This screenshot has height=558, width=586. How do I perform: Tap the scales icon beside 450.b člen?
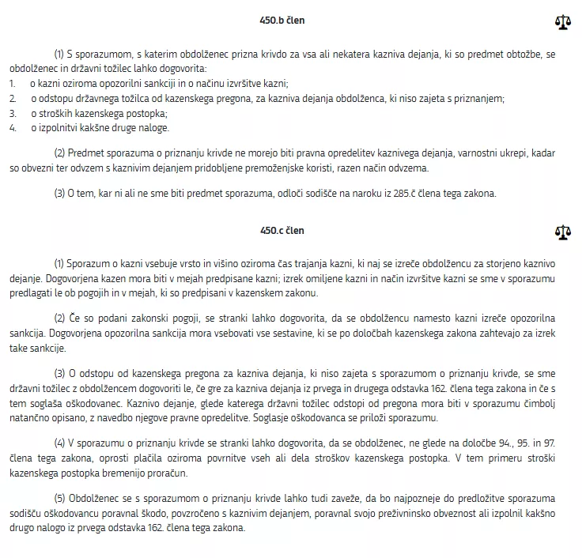point(563,21)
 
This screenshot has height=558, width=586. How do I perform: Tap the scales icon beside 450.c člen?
point(563,232)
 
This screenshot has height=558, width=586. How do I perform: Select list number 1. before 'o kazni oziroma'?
point(13,83)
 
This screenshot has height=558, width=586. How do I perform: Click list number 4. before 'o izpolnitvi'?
point(13,127)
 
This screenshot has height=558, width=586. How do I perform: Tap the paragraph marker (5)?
point(59,499)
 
